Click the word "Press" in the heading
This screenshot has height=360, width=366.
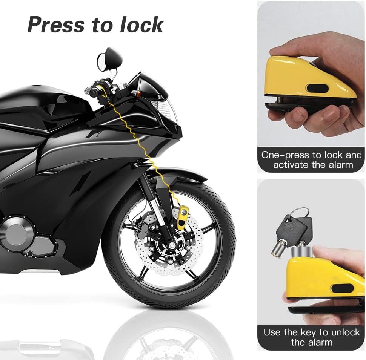pyautogui.click(x=55, y=25)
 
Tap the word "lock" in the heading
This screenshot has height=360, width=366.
pyautogui.click(x=141, y=25)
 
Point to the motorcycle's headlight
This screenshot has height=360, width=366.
pyautogui.click(x=165, y=110)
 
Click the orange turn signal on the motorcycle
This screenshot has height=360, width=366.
pyautogui.click(x=138, y=94)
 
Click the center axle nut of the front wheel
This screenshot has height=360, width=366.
pyautogui.click(x=172, y=245)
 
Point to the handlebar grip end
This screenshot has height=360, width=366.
pyautogui.click(x=94, y=93)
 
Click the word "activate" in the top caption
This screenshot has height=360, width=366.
pyautogui.click(x=291, y=165)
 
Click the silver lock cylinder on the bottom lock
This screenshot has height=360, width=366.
pyautogui.click(x=301, y=252)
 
